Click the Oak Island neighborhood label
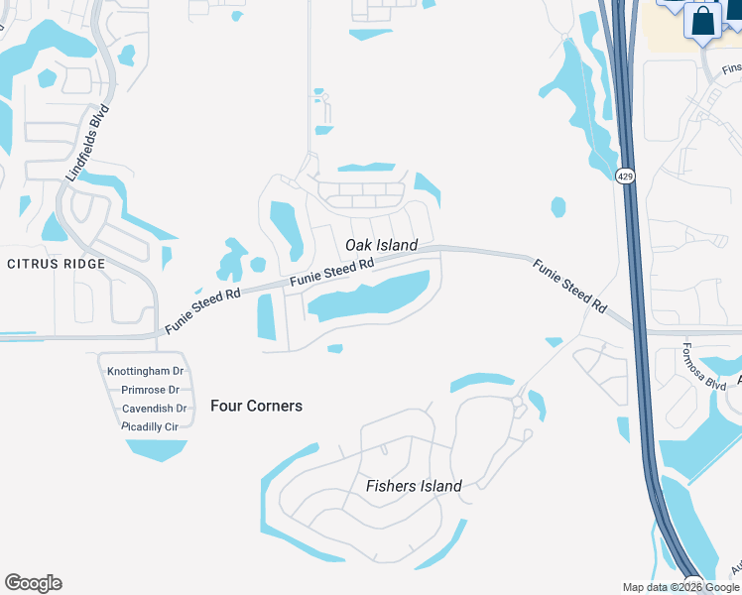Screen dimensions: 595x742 point(381,245)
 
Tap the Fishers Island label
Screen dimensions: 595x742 point(414,486)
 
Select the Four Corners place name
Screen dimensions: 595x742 point(256,406)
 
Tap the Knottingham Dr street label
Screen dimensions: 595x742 point(145,371)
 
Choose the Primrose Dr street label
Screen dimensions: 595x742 point(151,390)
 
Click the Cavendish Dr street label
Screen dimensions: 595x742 point(154,408)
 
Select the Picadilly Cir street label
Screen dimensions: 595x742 point(149,425)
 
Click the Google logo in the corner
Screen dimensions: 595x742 point(33,583)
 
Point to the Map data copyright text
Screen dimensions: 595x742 point(681,587)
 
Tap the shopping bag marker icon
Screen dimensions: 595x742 point(702,22)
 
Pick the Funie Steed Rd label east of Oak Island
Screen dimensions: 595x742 point(569,287)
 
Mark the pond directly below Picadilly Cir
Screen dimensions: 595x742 point(157,449)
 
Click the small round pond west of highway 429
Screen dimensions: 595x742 point(558,207)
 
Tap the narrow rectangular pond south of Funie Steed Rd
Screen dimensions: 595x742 point(266,316)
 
